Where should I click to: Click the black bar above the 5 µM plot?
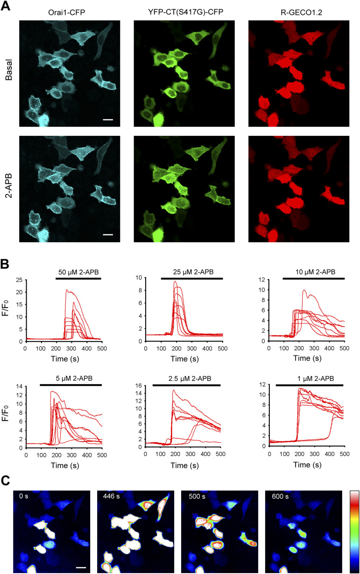pos(71,385)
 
